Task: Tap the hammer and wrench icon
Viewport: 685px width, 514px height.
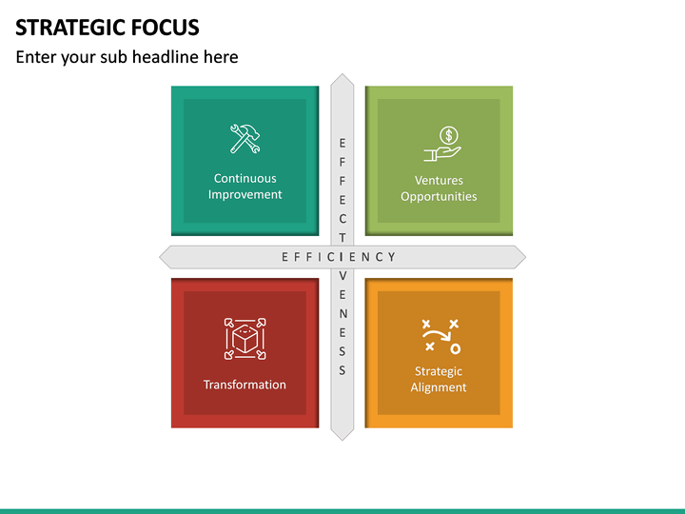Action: click(x=245, y=139)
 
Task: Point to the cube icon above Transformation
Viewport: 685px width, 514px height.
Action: click(x=245, y=339)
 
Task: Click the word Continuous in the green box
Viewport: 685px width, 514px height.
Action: click(x=245, y=178)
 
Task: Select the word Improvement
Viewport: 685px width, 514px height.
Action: click(x=245, y=194)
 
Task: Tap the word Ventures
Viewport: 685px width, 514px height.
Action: click(x=439, y=180)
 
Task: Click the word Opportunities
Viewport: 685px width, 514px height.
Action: click(x=439, y=196)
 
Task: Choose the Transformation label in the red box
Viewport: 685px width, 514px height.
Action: click(x=245, y=385)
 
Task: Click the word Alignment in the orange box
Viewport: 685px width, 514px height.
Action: click(x=439, y=387)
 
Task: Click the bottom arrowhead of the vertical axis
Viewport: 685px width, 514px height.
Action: click(x=342, y=433)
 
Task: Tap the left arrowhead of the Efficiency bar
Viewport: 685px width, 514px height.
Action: click(x=166, y=256)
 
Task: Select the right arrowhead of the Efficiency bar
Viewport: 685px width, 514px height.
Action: click(x=519, y=256)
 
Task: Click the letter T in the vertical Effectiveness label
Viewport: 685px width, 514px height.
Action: click(x=342, y=238)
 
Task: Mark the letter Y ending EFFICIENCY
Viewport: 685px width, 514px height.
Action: click(x=392, y=257)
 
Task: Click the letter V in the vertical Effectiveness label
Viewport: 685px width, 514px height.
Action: click(x=342, y=275)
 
